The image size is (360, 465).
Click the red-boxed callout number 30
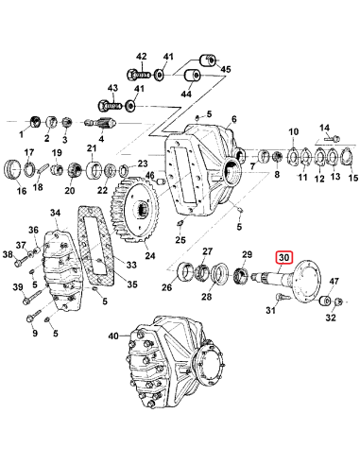tap(284, 256)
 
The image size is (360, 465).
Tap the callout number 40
tap(114, 336)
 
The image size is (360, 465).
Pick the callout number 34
tap(56, 215)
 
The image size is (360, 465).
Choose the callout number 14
tap(324, 129)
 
